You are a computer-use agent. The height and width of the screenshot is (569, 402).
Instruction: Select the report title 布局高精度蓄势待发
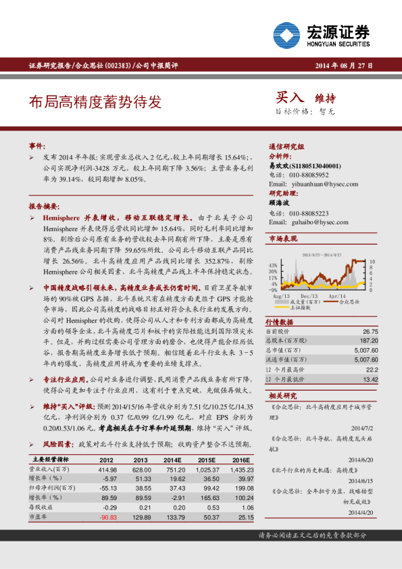point(95,102)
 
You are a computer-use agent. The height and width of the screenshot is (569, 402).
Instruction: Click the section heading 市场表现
point(283,239)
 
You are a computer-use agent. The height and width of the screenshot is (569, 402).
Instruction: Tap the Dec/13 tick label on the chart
point(309,297)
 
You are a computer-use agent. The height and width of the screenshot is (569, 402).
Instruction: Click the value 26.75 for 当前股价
point(370,332)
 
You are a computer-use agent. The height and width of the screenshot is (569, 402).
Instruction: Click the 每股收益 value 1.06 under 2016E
point(247,507)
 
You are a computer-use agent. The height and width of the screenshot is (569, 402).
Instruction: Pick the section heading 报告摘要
point(44,205)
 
